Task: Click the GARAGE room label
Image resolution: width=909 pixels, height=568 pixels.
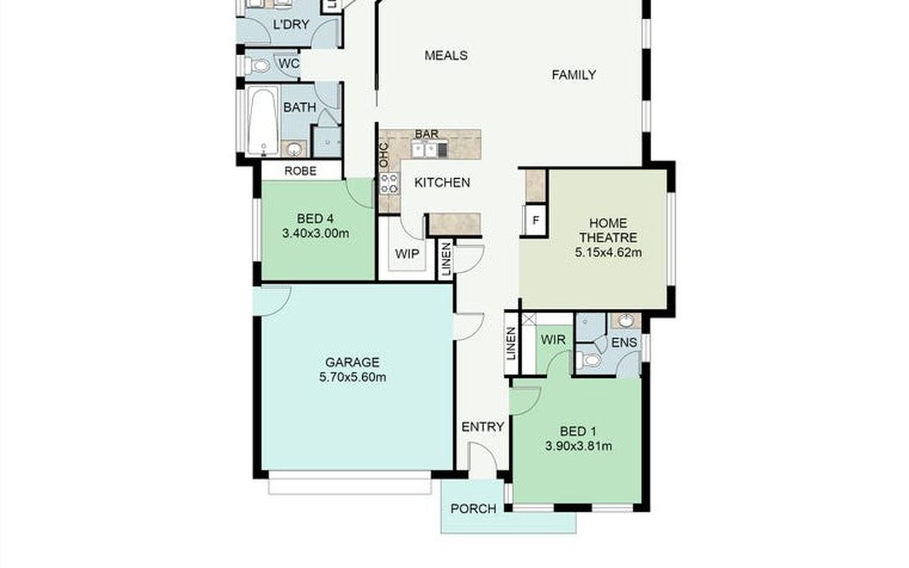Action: tap(352, 362)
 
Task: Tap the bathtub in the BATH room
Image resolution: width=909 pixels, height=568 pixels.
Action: tap(263, 121)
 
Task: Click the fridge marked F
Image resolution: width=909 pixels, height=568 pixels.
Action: tap(536, 220)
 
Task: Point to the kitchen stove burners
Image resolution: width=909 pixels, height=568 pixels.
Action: tap(389, 183)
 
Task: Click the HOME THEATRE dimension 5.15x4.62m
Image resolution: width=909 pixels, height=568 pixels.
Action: tap(608, 253)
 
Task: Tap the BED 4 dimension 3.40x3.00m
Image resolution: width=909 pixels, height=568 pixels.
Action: tap(315, 234)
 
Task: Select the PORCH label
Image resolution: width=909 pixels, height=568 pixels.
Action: tap(473, 509)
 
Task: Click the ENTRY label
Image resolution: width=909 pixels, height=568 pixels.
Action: tap(483, 427)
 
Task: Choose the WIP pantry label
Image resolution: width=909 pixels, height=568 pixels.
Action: tap(407, 254)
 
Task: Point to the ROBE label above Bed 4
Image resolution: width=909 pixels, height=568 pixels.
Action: tap(300, 171)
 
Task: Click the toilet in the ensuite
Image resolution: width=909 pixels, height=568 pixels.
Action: tap(589, 360)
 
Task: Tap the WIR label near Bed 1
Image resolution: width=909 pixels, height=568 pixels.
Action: tap(553, 339)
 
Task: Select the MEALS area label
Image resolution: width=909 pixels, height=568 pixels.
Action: tap(446, 55)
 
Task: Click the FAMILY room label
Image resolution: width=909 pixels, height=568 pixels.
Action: tap(574, 75)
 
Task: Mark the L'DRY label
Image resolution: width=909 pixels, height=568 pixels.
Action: tap(291, 24)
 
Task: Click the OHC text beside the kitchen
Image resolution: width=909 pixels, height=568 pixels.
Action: tap(383, 155)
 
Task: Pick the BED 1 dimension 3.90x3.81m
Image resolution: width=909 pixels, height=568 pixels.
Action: tap(578, 446)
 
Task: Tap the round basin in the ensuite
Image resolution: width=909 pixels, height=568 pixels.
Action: tap(626, 320)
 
